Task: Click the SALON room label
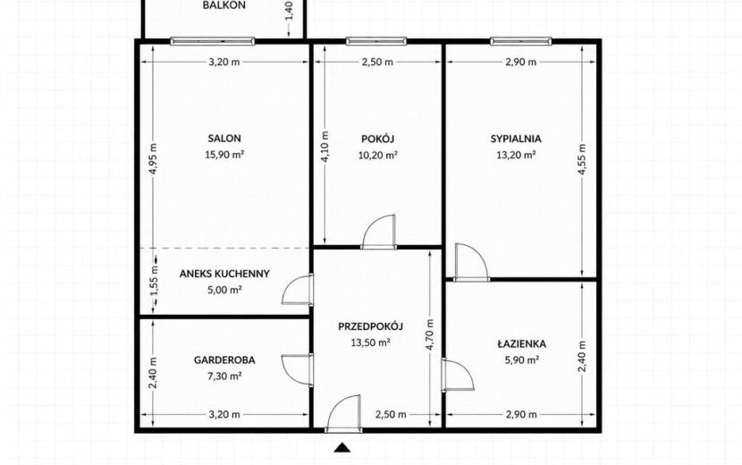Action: click(224, 139)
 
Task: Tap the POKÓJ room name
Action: click(377, 139)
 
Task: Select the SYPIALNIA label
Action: click(516, 139)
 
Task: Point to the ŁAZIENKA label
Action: click(521, 343)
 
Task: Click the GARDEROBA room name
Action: click(224, 359)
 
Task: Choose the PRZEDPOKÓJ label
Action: click(370, 326)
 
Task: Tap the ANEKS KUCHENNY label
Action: click(224, 274)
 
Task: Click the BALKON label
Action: click(224, 5)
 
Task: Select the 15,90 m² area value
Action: click(224, 155)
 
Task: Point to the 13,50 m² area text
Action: click(370, 342)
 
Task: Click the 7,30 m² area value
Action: click(224, 376)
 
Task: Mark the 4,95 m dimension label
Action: click(154, 158)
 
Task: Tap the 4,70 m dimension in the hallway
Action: click(430, 334)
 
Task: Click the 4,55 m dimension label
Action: click(582, 159)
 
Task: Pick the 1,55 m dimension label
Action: click(154, 282)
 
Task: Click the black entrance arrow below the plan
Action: click(342, 447)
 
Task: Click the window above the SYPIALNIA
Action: click(520, 41)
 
